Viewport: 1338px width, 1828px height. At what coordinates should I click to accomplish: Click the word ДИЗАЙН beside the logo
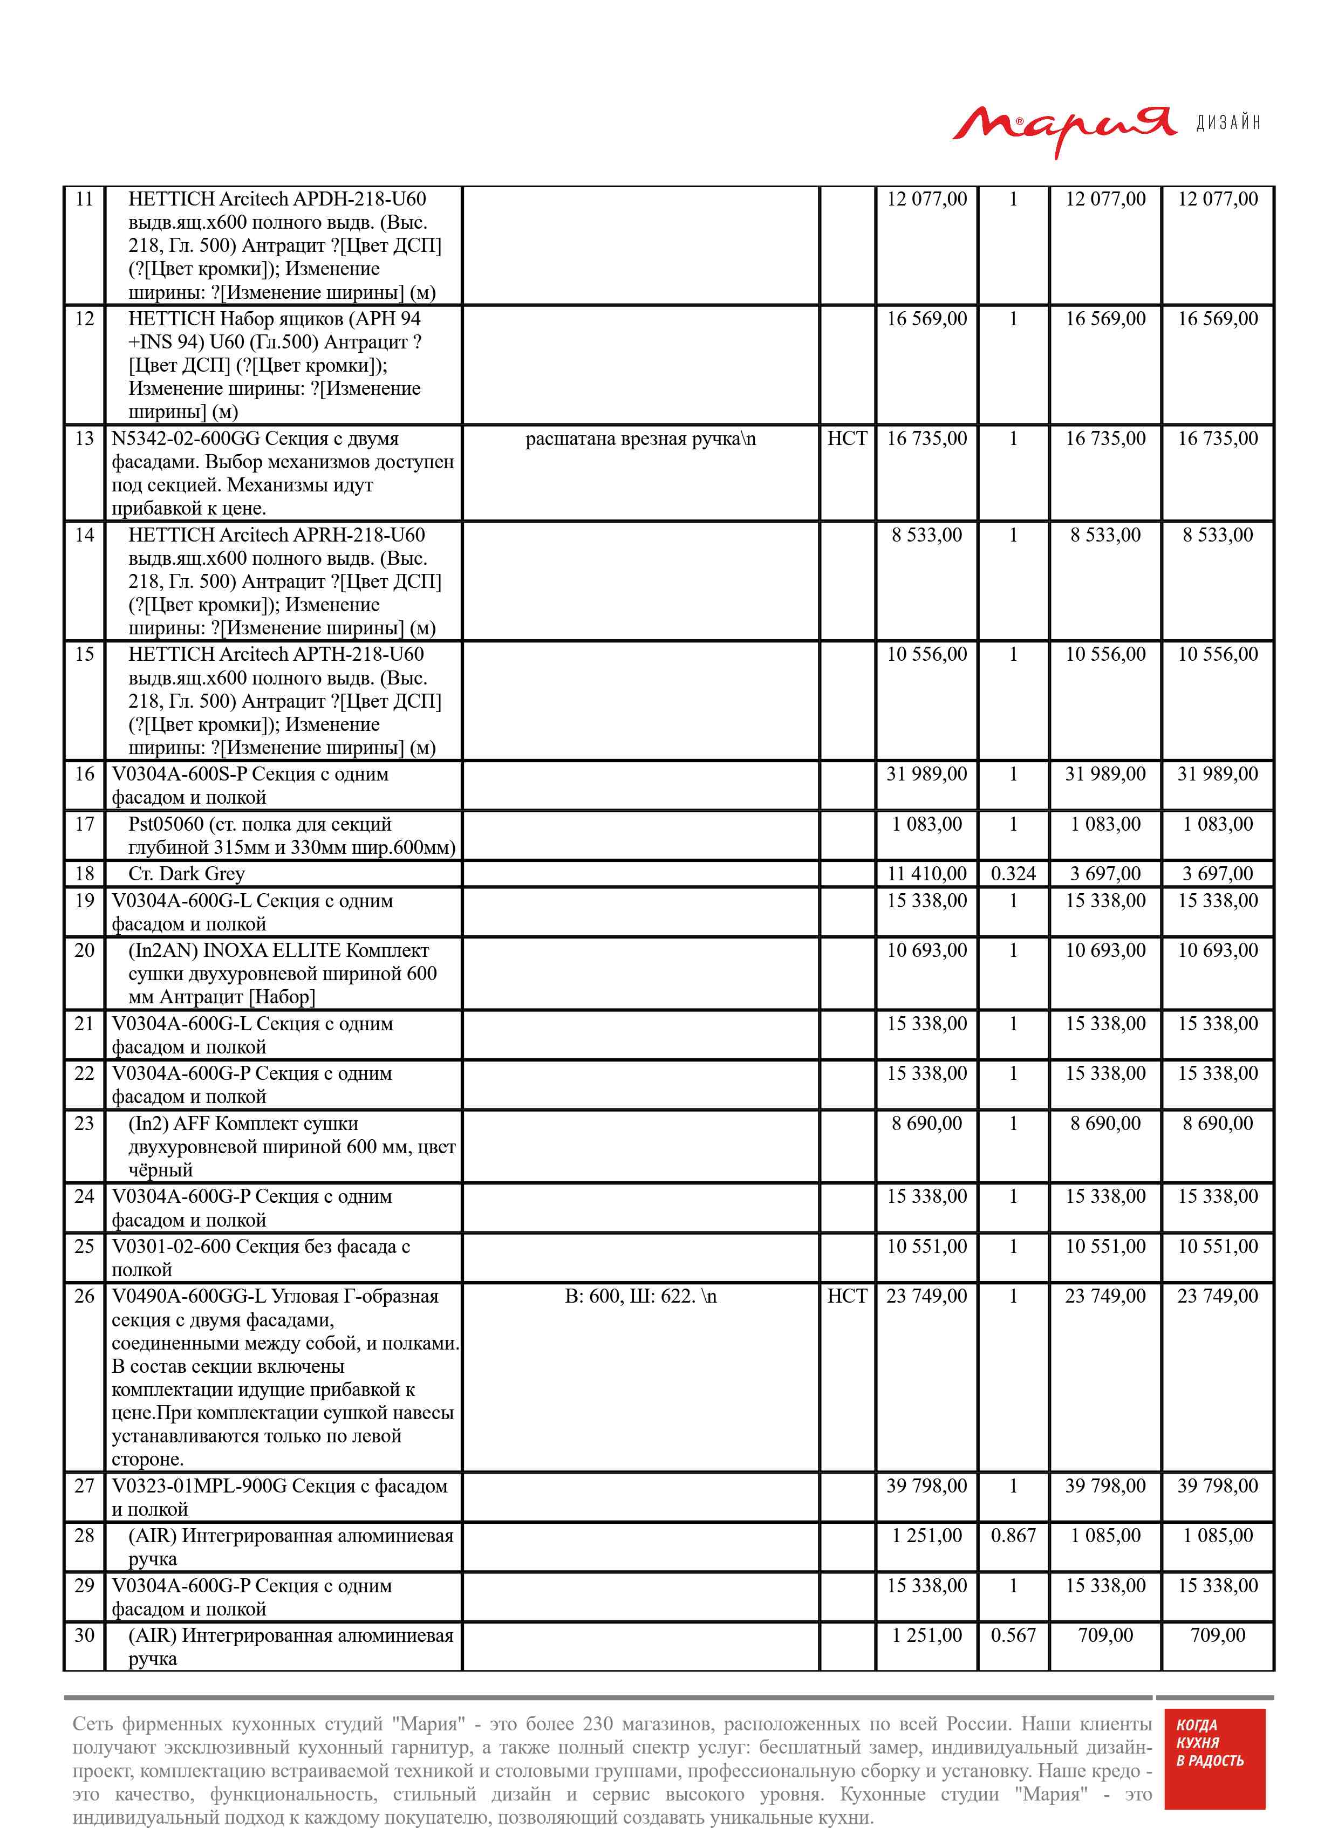pos(1228,123)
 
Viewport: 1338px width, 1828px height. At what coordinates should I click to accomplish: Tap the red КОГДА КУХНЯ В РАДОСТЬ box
pos(1213,1770)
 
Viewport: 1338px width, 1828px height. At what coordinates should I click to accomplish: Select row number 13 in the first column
pos(84,439)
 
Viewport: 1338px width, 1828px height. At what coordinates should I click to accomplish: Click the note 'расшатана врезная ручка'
pos(640,439)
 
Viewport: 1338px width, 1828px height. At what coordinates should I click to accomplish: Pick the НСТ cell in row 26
pos(847,1296)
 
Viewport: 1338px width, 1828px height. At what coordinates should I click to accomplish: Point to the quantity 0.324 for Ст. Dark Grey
pos(1013,873)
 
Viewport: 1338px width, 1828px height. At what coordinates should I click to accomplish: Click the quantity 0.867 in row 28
pos(1013,1535)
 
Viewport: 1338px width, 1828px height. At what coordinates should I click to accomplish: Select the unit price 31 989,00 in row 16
pos(926,774)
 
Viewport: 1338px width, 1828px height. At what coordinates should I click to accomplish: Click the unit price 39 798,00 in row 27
pos(926,1485)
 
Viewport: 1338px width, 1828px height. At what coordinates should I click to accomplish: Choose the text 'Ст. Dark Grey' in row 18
pos(186,873)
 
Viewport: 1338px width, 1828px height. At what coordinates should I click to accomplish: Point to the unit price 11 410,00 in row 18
pos(926,873)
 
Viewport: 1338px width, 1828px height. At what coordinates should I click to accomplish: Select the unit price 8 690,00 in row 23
pos(926,1123)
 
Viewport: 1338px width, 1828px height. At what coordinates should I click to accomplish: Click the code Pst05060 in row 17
pos(166,824)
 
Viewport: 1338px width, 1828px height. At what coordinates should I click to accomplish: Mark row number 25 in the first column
pos(84,1246)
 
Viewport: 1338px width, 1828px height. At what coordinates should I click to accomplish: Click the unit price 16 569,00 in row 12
pos(926,319)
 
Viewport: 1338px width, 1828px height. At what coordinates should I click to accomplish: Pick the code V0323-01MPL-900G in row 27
pos(199,1485)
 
